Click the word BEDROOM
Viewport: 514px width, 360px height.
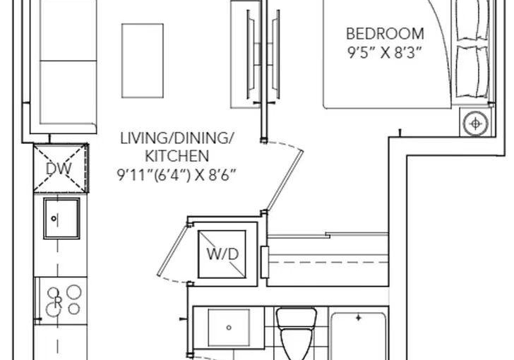coord(385,34)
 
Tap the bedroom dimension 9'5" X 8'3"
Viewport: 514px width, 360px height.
coord(384,52)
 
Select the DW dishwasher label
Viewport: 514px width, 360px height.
coord(59,169)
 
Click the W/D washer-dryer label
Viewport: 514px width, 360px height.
coord(222,254)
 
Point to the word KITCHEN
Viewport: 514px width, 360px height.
coord(177,157)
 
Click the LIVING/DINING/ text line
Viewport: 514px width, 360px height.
coord(177,138)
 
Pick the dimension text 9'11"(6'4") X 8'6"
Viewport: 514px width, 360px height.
coord(177,175)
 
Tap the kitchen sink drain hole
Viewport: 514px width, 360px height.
coord(54,218)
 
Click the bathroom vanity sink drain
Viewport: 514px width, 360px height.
coord(229,328)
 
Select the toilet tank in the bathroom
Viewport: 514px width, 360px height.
coord(297,318)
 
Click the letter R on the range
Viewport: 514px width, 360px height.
coord(58,302)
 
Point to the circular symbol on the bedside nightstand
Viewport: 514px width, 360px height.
coord(475,124)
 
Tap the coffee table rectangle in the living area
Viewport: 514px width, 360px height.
coord(143,61)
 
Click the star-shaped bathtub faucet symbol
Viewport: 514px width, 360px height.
coord(359,318)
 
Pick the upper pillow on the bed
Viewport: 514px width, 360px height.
coord(472,20)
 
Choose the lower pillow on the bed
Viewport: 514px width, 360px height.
coord(472,71)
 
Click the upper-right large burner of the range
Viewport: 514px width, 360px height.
coord(74,292)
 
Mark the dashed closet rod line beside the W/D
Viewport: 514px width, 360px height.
coord(328,263)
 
